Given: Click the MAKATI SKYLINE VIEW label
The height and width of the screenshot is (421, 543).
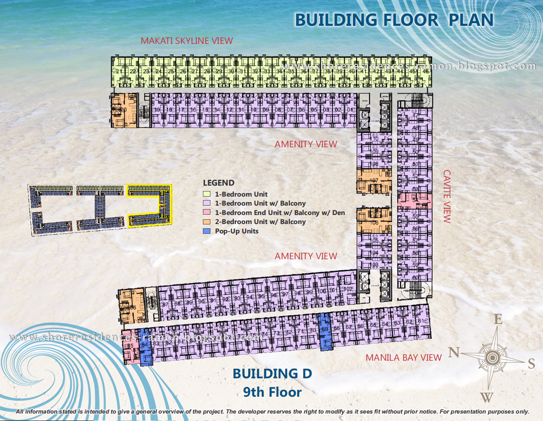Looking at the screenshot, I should click(x=186, y=41).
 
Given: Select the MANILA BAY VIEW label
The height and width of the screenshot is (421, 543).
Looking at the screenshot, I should click(x=403, y=357).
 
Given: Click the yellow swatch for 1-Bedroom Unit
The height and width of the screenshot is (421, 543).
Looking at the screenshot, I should click(x=207, y=194).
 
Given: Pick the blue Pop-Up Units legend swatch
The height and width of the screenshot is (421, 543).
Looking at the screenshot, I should click(x=207, y=231).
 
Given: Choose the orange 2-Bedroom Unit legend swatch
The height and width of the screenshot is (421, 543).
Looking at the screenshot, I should click(x=207, y=222).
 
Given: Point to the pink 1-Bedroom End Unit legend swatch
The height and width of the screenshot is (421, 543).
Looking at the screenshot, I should click(x=207, y=212).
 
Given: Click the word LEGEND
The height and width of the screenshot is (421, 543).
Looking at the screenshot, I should click(x=218, y=183).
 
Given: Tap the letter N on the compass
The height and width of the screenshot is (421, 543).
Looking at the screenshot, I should click(x=454, y=352).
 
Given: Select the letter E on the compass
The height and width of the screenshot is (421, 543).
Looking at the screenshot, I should click(x=498, y=319).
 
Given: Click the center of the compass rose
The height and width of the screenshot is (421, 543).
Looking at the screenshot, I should click(x=492, y=357).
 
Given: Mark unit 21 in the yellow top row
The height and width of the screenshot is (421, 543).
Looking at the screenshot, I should click(x=119, y=72).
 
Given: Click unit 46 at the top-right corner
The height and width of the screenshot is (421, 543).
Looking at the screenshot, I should click(x=425, y=72).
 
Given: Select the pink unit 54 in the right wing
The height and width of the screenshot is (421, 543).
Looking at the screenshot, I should click(x=415, y=200).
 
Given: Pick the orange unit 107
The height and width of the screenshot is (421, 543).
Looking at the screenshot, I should click(x=374, y=181).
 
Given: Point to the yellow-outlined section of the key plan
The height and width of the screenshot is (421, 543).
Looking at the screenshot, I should click(x=149, y=205).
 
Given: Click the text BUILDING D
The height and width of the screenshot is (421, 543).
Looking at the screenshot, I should click(x=272, y=373).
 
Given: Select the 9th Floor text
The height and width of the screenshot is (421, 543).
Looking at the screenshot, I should click(x=272, y=392).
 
